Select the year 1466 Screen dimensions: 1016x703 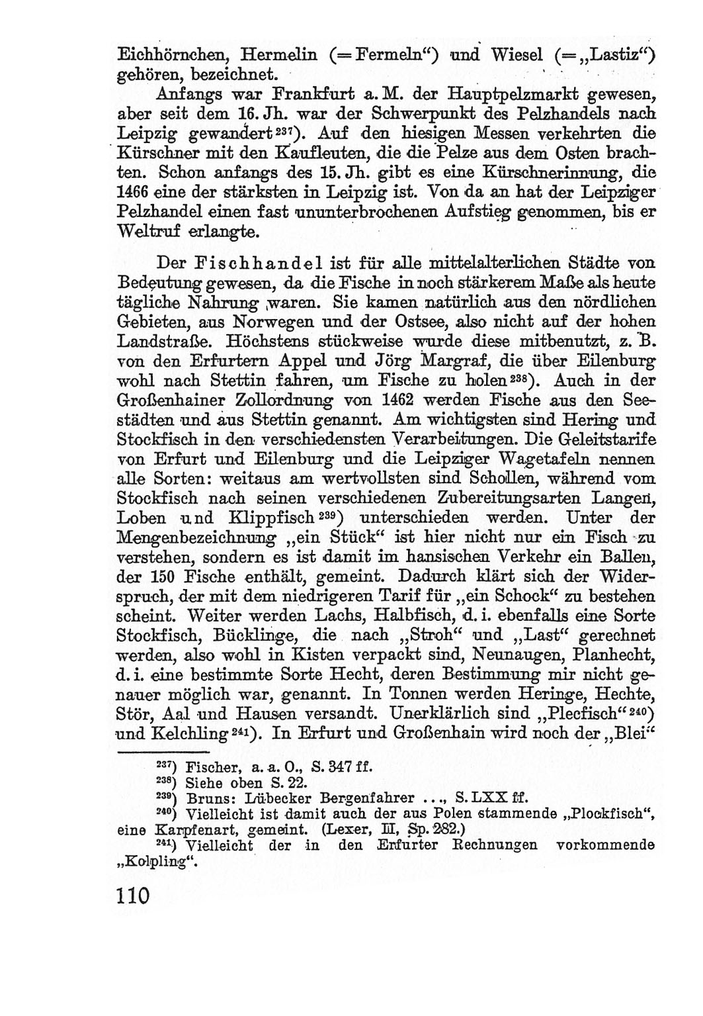[134, 194]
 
